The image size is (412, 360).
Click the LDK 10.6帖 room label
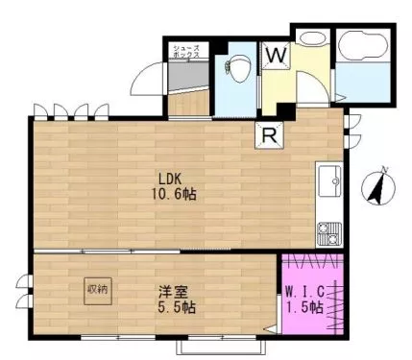174,187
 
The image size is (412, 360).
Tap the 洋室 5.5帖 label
177,300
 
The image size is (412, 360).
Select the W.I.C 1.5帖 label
304,300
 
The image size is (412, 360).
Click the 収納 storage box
98,291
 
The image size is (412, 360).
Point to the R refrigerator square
270,136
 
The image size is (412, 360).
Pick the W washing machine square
276,56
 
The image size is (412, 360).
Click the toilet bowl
237,68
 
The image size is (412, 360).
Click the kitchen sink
329,181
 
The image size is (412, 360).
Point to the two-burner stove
329,233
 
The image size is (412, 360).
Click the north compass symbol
378,188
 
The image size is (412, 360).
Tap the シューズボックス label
186,52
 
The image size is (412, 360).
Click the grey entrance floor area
188,76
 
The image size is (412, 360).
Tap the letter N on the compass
385,170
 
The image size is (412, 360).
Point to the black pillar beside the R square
286,111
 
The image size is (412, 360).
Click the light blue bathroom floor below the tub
363,82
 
